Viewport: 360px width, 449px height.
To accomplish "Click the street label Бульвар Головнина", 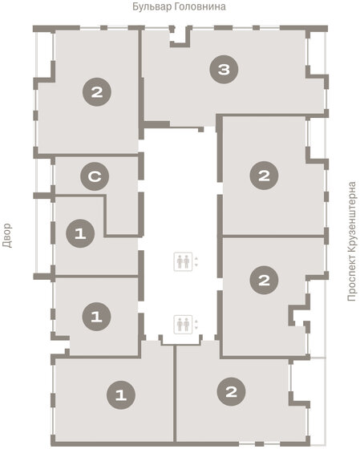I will tap(179, 6).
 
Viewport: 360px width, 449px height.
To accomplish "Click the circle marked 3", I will tap(224, 71).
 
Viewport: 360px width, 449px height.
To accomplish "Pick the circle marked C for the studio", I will tap(95, 176).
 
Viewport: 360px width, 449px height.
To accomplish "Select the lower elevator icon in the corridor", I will tap(182, 324).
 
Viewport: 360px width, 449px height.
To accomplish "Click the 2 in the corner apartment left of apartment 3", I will tap(96, 93).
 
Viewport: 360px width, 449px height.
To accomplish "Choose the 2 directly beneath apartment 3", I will tap(264, 176).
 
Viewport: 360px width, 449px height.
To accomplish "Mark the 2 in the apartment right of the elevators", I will tap(264, 279).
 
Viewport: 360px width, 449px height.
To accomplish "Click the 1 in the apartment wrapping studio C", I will tap(80, 233).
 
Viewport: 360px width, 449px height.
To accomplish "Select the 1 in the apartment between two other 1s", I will tap(96, 317).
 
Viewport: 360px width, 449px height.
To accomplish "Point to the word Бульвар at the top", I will tap(149, 6).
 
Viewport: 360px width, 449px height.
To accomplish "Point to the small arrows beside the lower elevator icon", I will tap(196, 324).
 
